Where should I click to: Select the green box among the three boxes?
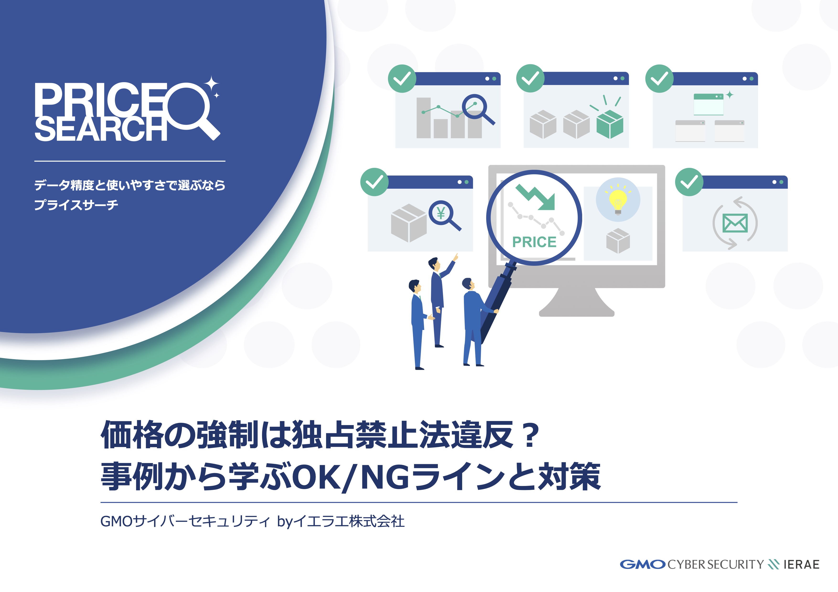click(x=610, y=124)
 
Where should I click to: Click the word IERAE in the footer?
click(x=801, y=565)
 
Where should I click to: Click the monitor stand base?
click(x=577, y=303)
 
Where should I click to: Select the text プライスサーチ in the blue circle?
click(x=76, y=205)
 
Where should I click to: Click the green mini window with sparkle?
click(x=709, y=104)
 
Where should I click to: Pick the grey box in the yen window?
click(x=409, y=223)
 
